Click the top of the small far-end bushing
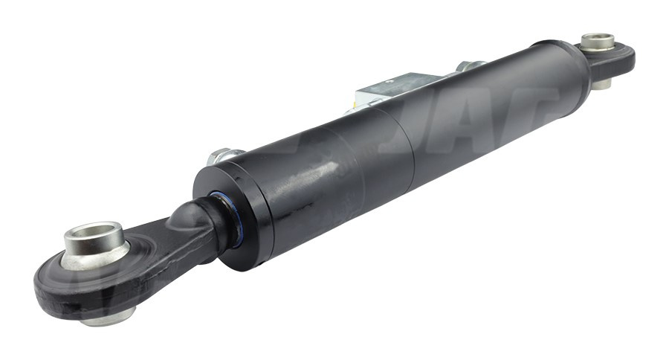tap(598, 40)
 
